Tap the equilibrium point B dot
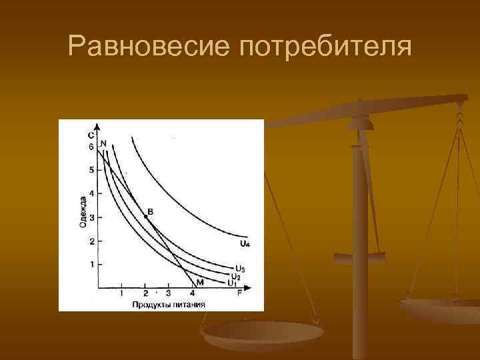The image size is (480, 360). click(146, 217)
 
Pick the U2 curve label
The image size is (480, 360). click(235, 276)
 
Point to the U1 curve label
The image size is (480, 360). click(231, 283)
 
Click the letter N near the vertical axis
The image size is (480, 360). click(103, 143)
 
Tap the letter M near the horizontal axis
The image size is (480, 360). click(199, 283)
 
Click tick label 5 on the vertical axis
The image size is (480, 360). click(91, 170)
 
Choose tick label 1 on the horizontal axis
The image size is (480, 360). click(122, 294)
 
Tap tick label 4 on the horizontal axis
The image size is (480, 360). click(193, 294)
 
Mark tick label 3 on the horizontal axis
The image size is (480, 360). click(168, 294)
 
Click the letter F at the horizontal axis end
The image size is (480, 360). click(239, 294)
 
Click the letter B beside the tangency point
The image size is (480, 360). click(150, 211)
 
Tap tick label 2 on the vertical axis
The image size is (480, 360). click(91, 241)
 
